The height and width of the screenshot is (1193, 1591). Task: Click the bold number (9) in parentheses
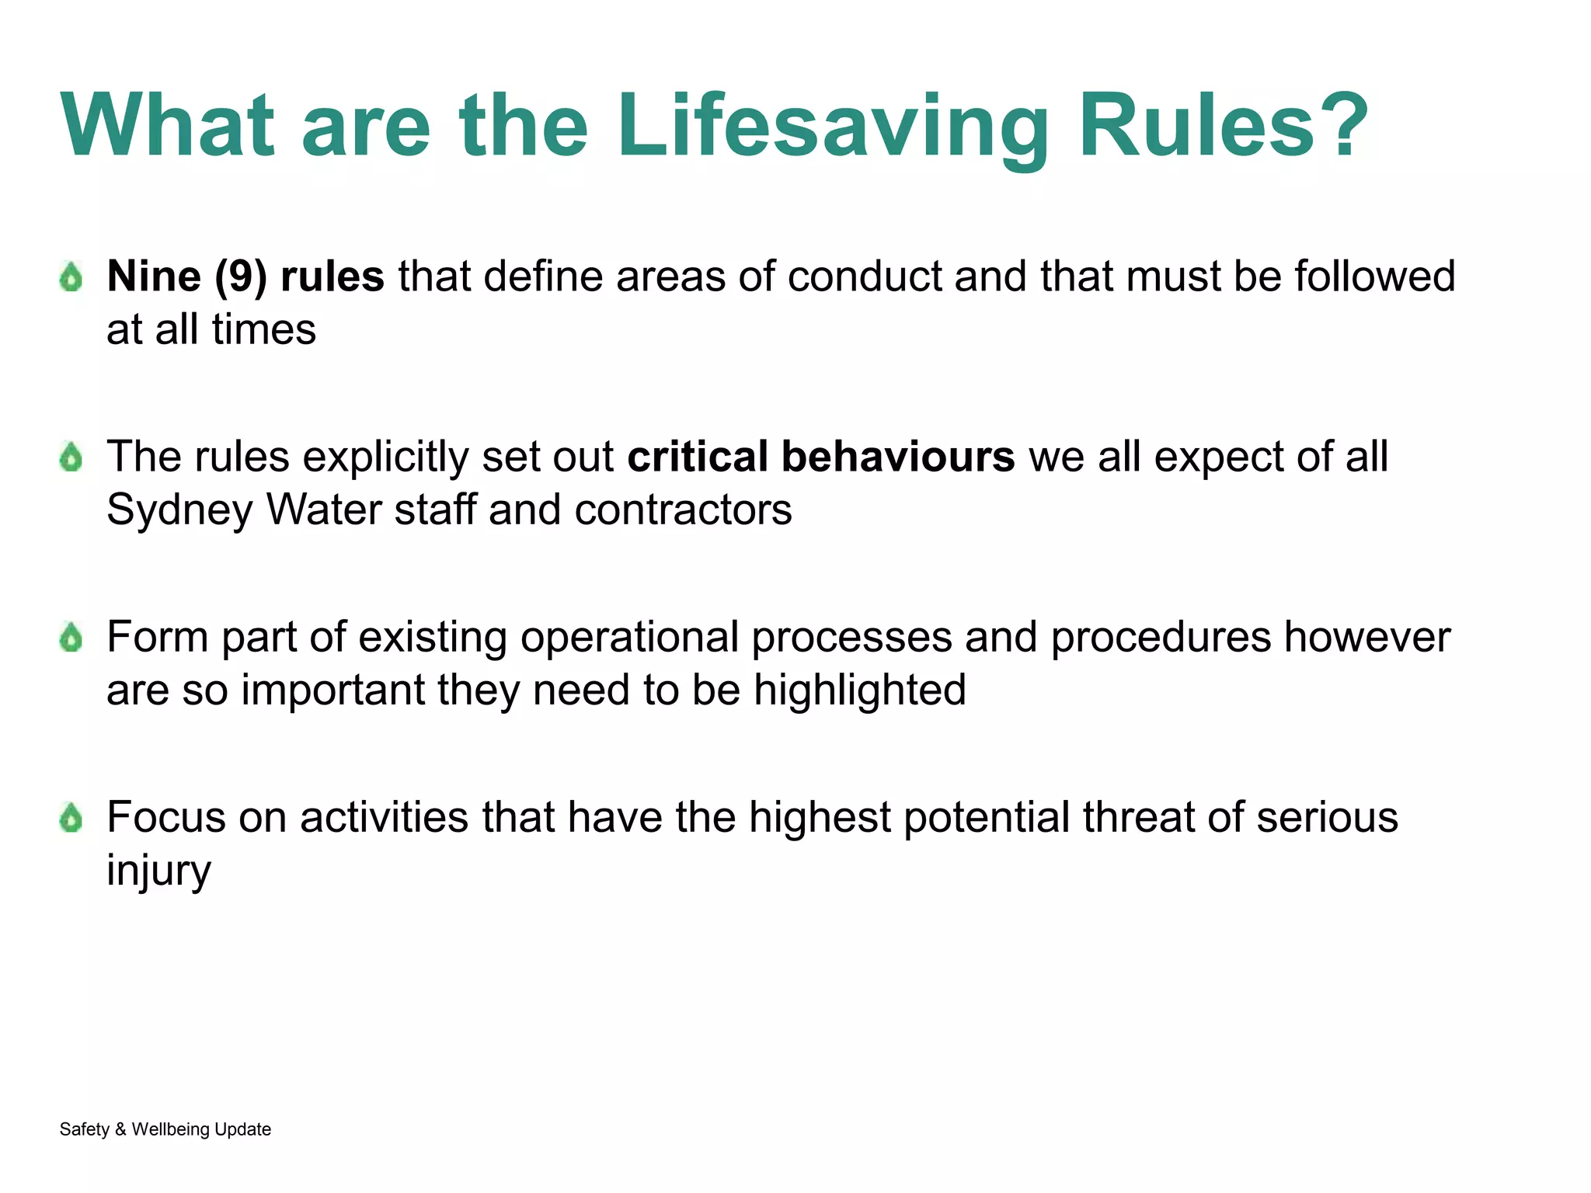pyautogui.click(x=241, y=277)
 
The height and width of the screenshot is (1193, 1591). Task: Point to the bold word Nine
pyautogui.click(x=154, y=277)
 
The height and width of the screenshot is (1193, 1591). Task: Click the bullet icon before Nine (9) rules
pyautogui.click(x=71, y=277)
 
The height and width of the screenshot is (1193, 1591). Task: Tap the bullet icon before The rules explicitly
pyautogui.click(x=71, y=457)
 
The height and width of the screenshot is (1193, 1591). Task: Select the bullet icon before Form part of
pyautogui.click(x=71, y=638)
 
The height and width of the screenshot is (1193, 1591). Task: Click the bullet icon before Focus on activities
pyautogui.click(x=71, y=818)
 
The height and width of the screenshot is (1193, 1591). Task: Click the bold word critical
pyautogui.click(x=697, y=457)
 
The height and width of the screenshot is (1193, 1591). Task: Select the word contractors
pyautogui.click(x=683, y=510)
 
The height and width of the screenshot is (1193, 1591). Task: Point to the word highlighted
pyautogui.click(x=859, y=690)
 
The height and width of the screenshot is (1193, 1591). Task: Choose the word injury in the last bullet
pyautogui.click(x=158, y=871)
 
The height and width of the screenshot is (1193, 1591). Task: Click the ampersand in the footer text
pyautogui.click(x=120, y=1129)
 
